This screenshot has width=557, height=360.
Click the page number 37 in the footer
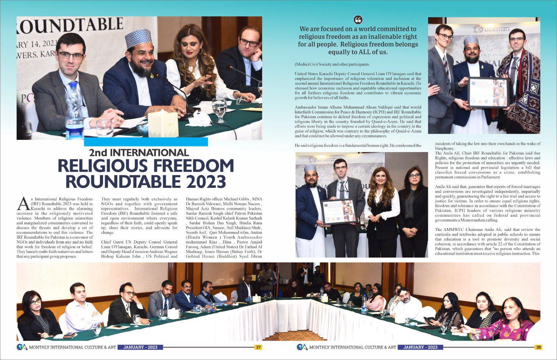point(258,347)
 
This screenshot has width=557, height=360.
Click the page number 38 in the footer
point(538,347)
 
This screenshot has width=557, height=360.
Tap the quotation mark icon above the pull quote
point(358,19)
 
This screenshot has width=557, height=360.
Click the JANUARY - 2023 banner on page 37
point(140,347)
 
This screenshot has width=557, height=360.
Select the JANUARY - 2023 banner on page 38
point(420,347)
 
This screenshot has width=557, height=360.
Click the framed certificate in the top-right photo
point(488,92)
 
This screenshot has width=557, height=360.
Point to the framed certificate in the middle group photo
point(338,211)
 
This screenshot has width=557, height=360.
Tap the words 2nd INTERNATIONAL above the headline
point(139,153)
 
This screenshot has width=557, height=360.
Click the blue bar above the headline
point(146,142)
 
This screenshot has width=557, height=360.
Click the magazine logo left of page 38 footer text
point(302,347)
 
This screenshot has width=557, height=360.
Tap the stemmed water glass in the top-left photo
point(219,110)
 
